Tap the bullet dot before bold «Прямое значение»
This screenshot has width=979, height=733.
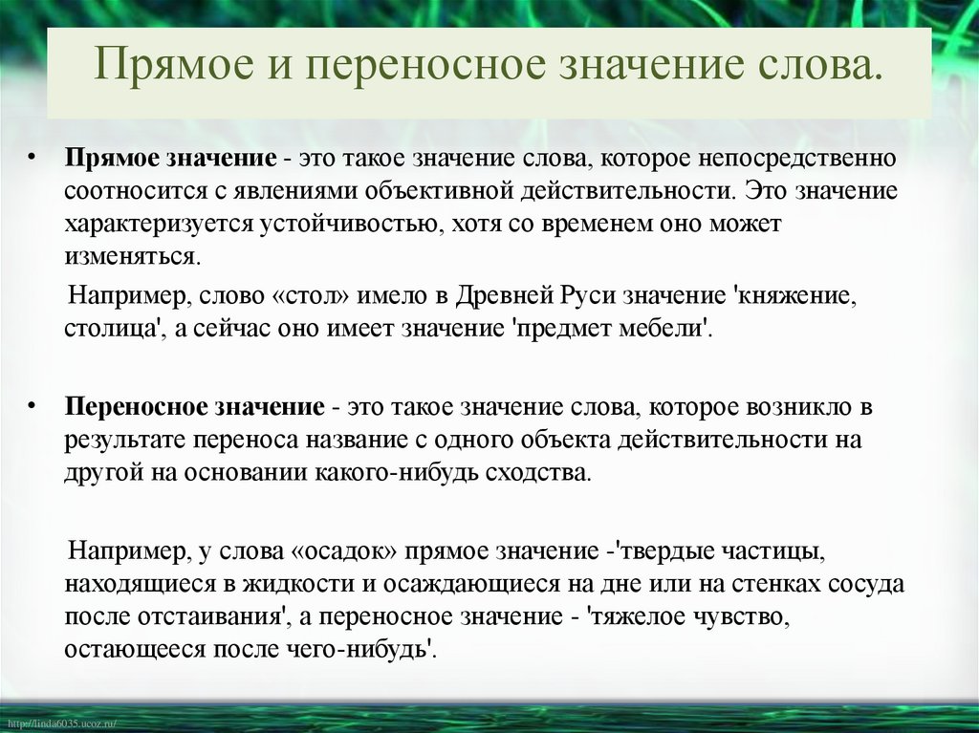tap(33, 155)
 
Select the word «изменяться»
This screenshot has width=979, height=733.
tap(134, 258)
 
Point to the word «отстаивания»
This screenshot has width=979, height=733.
tap(209, 618)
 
